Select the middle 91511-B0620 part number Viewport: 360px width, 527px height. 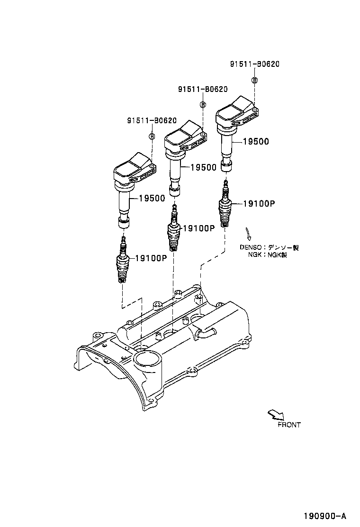(x=203, y=89)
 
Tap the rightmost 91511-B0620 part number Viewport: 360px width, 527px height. (x=255, y=64)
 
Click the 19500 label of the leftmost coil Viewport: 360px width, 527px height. (x=152, y=198)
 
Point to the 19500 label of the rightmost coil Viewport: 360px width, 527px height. (x=256, y=141)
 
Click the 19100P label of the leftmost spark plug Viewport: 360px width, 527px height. (x=151, y=258)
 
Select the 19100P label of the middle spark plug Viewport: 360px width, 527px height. (x=199, y=228)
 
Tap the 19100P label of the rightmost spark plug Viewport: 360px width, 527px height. (x=259, y=203)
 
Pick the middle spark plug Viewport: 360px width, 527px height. (x=174, y=231)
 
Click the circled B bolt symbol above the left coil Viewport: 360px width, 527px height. (x=152, y=136)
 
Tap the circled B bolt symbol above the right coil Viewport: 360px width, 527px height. (x=255, y=80)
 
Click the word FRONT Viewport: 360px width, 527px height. (x=289, y=425)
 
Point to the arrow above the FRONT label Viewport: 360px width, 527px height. (x=275, y=415)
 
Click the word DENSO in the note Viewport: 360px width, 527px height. (x=250, y=247)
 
